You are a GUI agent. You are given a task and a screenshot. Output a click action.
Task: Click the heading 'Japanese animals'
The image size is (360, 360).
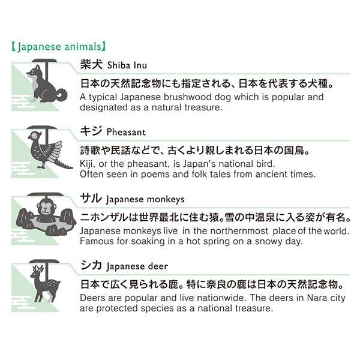(x=59, y=47)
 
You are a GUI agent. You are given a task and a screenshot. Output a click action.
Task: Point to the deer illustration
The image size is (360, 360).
(x=45, y=283)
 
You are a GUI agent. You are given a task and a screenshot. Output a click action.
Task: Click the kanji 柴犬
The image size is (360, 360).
(x=91, y=64)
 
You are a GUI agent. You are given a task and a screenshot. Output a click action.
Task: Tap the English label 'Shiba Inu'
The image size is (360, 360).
(x=127, y=65)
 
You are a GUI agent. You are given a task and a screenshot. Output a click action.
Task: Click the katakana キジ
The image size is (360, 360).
(x=91, y=131)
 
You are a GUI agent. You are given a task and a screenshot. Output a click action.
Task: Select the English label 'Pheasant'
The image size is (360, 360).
(x=126, y=132)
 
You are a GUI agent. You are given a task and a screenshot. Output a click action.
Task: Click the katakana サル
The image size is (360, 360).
(x=91, y=199)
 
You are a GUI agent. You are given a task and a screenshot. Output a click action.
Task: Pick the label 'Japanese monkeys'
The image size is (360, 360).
(x=145, y=200)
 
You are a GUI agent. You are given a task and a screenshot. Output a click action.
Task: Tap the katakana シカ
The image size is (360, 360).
(x=91, y=265)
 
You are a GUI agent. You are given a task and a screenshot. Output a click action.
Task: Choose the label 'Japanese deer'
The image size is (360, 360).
(x=137, y=266)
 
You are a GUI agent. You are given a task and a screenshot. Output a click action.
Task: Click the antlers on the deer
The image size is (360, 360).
(x=38, y=269)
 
